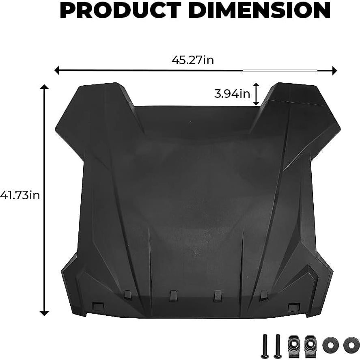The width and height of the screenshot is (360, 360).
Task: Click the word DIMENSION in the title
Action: click(259, 11)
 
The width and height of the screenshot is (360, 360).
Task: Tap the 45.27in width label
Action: click(193, 60)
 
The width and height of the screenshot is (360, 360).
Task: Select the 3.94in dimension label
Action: click(232, 94)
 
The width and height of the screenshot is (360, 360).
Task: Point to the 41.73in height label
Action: click(20, 195)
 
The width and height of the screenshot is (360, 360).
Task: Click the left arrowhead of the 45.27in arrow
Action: click(57, 71)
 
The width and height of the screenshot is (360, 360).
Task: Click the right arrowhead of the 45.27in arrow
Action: click(334, 71)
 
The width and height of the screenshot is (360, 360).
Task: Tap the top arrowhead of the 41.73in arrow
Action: click(44, 87)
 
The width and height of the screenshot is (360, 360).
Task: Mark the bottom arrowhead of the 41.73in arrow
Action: click(44, 313)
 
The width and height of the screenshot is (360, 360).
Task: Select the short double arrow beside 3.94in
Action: click(256, 94)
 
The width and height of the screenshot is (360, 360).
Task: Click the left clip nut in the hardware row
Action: click(294, 344)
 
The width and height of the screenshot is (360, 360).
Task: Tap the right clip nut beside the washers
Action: click(310, 344)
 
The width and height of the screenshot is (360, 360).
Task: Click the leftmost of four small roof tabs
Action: click(128, 294)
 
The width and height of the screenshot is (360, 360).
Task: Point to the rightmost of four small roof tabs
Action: click(263, 294)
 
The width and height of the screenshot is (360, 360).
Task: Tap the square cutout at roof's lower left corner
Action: click(98, 306)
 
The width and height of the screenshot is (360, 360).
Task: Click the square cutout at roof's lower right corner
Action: click(293, 307)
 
